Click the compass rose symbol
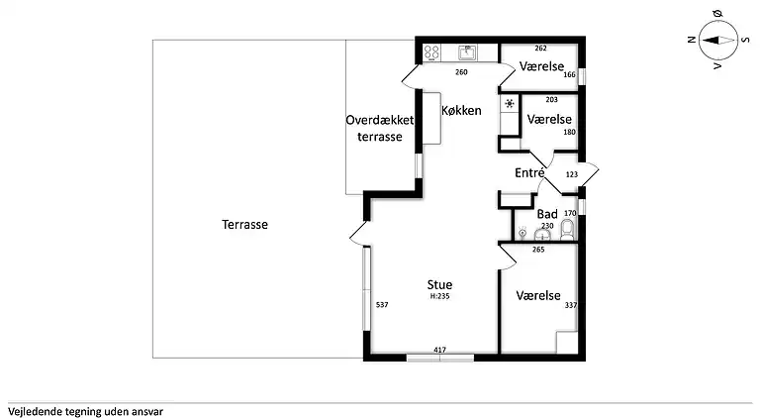(x=714, y=41)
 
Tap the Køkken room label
(x=461, y=110)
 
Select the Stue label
(x=440, y=285)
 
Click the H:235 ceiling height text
(x=440, y=296)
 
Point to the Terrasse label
(x=244, y=224)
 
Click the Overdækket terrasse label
(x=380, y=128)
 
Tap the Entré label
(x=530, y=173)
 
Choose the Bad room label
(x=546, y=214)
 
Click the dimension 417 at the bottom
(x=440, y=350)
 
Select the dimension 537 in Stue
(x=382, y=305)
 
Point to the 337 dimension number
(x=570, y=305)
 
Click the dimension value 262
(x=540, y=48)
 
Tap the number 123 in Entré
(x=571, y=174)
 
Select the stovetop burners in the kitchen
(x=431, y=52)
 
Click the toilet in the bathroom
(x=567, y=231)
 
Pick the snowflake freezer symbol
(x=510, y=103)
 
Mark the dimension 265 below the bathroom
(x=537, y=250)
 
